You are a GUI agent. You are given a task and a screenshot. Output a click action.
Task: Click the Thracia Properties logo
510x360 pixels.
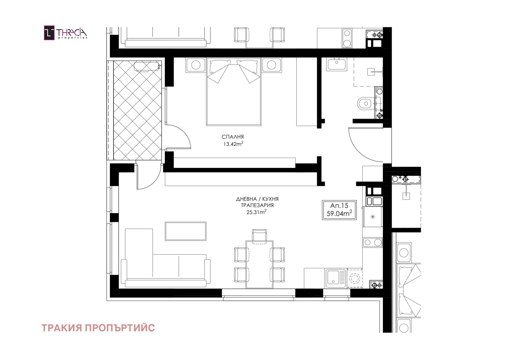coord(65,33)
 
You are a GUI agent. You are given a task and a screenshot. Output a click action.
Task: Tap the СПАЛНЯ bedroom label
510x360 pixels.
coord(233,137)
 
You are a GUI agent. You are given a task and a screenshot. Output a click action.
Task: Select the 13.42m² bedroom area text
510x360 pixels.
coord(233,144)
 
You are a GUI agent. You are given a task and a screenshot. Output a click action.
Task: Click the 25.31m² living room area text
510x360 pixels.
coord(256,212)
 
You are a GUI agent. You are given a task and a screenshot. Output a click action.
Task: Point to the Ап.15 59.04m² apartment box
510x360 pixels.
coord(339,210)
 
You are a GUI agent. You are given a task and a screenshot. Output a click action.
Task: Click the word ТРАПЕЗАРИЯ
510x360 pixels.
coord(257,205)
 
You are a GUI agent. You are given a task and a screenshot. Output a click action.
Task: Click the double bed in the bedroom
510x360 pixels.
coord(234,91)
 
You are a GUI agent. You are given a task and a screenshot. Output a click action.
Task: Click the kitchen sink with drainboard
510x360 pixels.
coord(336,278)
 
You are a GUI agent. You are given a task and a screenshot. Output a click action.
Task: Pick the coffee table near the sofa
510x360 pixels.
coord(186,231)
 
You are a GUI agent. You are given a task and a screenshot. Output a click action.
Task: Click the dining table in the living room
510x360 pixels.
coord(259,264)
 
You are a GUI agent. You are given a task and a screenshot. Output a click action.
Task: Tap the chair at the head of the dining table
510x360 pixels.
coord(259,235)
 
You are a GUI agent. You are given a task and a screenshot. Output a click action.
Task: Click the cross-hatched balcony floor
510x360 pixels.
coord(137,110)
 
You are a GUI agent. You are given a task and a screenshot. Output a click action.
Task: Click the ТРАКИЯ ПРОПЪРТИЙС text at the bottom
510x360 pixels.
coord(98,328)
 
